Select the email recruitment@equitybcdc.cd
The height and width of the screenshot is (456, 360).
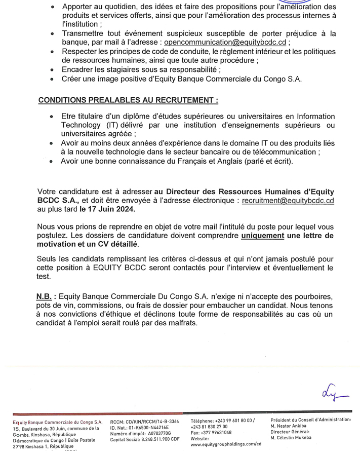click(281, 201)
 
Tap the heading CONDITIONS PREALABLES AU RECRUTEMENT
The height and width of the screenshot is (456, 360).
click(129, 100)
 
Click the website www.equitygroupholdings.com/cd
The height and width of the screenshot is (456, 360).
click(226, 444)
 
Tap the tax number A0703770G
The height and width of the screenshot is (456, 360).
click(156, 434)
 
